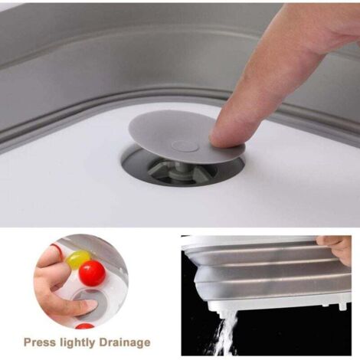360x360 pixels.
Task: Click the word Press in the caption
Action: point(39,342)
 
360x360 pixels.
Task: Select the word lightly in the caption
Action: point(77,342)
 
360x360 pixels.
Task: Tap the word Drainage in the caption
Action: point(125,342)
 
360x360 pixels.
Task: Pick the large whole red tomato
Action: point(92,273)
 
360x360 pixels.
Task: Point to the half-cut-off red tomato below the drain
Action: point(85,326)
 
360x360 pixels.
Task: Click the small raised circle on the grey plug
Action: point(185,146)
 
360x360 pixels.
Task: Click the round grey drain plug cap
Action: point(186,137)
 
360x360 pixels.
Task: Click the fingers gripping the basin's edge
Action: point(335,249)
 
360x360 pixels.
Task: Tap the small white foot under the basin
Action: point(342,305)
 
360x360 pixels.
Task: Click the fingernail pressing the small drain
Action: point(90,304)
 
